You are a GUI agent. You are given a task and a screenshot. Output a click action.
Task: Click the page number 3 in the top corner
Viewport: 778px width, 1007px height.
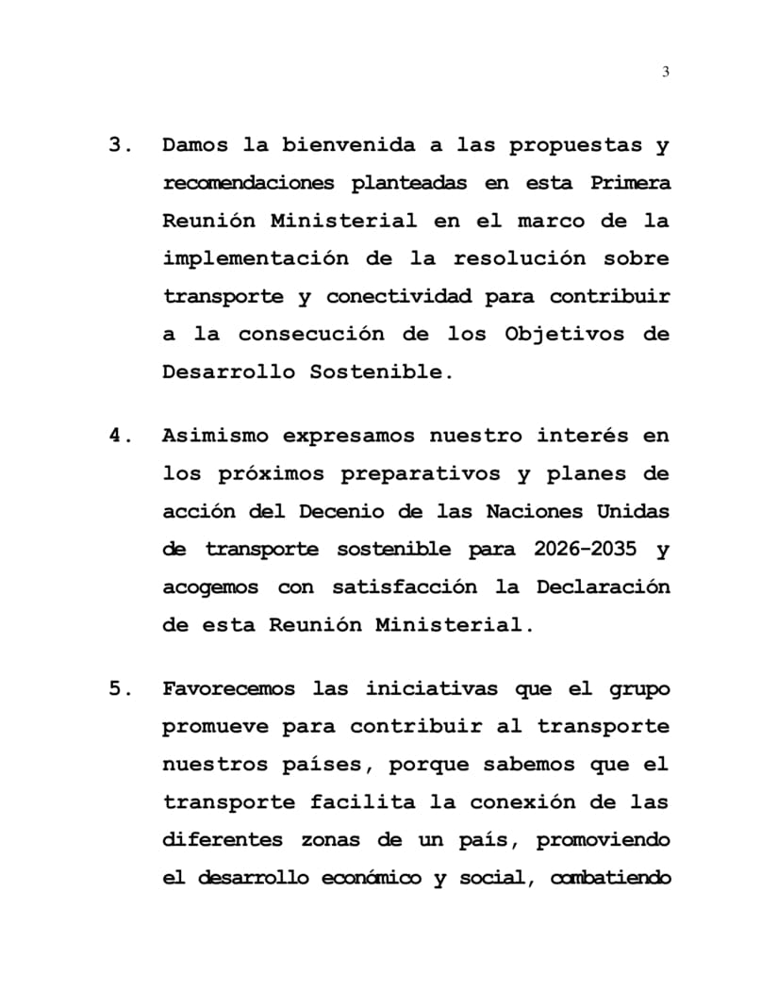(x=666, y=73)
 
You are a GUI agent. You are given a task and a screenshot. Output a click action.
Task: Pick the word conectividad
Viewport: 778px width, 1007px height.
(x=399, y=296)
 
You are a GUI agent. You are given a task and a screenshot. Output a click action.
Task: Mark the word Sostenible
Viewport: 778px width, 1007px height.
(x=382, y=371)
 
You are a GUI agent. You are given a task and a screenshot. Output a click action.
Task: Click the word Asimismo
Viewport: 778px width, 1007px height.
(x=216, y=437)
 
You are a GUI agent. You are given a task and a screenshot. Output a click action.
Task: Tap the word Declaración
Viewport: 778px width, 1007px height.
(x=604, y=586)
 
